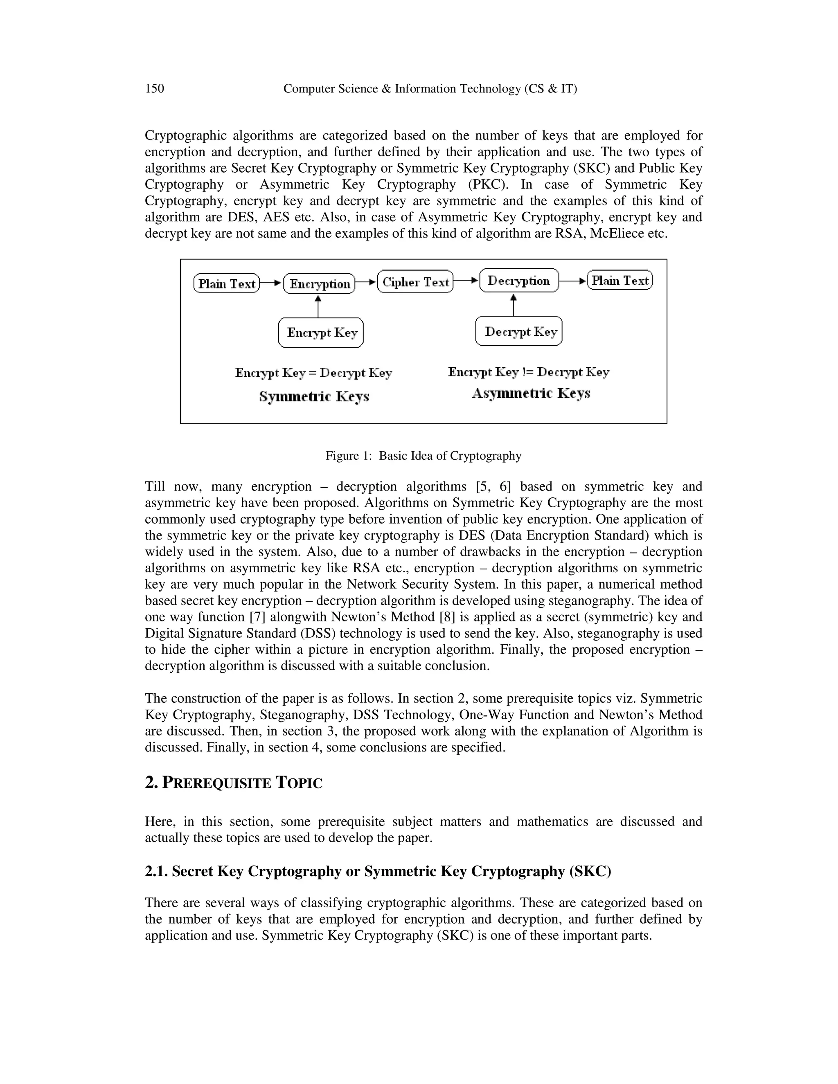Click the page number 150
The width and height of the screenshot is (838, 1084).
pos(154,89)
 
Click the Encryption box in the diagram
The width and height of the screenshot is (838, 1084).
pos(319,284)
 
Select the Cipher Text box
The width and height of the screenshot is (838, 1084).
pos(416,282)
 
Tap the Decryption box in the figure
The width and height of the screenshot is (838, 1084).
pos(519,281)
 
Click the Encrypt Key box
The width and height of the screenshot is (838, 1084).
pos(321,333)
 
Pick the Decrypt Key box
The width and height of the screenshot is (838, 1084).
pos(519,331)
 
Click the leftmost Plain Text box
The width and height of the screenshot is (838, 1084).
pos(227,284)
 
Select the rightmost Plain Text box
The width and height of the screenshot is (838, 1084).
pos(620,281)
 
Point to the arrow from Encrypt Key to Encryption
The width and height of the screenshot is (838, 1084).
pos(318,306)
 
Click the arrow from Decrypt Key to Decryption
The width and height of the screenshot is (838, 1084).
pos(514,304)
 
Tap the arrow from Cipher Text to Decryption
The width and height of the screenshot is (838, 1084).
pos(466,281)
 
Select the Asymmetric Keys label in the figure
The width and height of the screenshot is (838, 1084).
pos(531,394)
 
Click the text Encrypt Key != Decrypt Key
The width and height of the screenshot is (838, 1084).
pos(528,372)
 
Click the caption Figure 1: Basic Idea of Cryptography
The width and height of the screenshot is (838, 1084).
pos(423,456)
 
